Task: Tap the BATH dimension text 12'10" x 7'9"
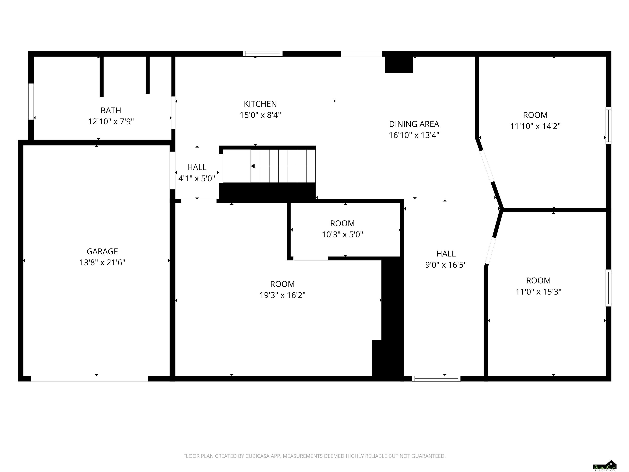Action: pos(111,121)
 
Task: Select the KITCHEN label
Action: pos(260,104)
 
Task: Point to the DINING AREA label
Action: pos(414,124)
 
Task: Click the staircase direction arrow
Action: pos(283,166)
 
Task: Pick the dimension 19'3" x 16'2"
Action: pos(282,295)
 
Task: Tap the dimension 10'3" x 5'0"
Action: pos(342,234)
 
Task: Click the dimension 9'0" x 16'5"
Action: pos(446,265)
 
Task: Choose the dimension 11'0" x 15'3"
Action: pos(538,292)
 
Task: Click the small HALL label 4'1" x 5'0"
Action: pos(197,178)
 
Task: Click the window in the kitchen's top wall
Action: pos(262,54)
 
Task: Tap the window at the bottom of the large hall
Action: pos(436,378)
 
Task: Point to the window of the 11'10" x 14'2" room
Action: pos(609,126)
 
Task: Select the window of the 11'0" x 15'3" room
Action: pos(609,288)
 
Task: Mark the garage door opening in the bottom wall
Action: pos(89,378)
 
